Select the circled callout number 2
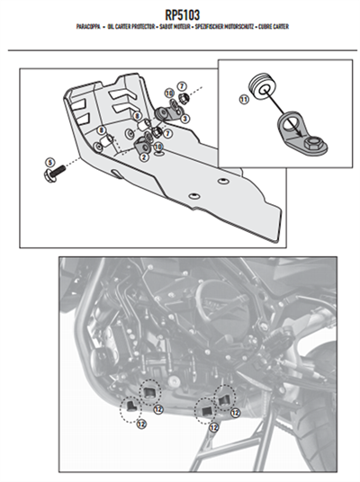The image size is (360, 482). [x=141, y=156]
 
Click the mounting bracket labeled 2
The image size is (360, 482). [x=143, y=142]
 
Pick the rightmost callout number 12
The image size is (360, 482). [x=235, y=413]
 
